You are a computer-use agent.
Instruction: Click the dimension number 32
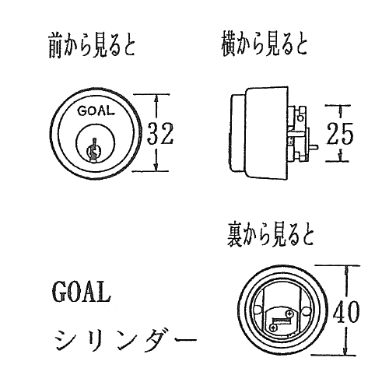pos(160,133)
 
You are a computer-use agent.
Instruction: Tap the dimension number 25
pos(340,133)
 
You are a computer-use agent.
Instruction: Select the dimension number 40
pos(346,311)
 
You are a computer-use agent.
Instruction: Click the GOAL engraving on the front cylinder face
pos(96,111)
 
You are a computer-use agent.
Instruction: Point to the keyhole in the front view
pos(93,151)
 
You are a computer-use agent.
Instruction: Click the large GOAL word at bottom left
pos(82,291)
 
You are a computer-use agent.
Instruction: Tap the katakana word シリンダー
pos(125,340)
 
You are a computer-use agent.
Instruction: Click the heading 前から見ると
pos(92,47)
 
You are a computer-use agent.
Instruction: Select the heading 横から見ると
pos(265,45)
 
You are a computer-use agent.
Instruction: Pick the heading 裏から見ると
pos(271,236)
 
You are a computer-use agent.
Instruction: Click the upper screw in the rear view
pos(289,314)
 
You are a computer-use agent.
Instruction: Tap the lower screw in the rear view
pos(273,328)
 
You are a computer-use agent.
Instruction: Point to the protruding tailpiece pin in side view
pos(314,147)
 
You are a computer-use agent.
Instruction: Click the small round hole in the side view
pos(300,118)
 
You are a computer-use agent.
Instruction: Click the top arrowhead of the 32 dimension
pos(156,98)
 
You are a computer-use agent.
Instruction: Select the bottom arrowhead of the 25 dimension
pos(341,158)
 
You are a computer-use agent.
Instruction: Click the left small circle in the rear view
pos(257,310)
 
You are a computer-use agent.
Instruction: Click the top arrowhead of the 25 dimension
pos(341,109)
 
